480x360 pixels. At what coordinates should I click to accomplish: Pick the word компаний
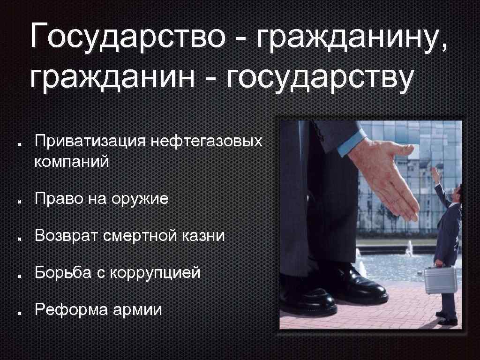(72, 162)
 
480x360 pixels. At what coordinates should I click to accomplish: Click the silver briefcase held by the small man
(440, 279)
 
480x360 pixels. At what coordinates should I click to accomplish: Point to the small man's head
(457, 192)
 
